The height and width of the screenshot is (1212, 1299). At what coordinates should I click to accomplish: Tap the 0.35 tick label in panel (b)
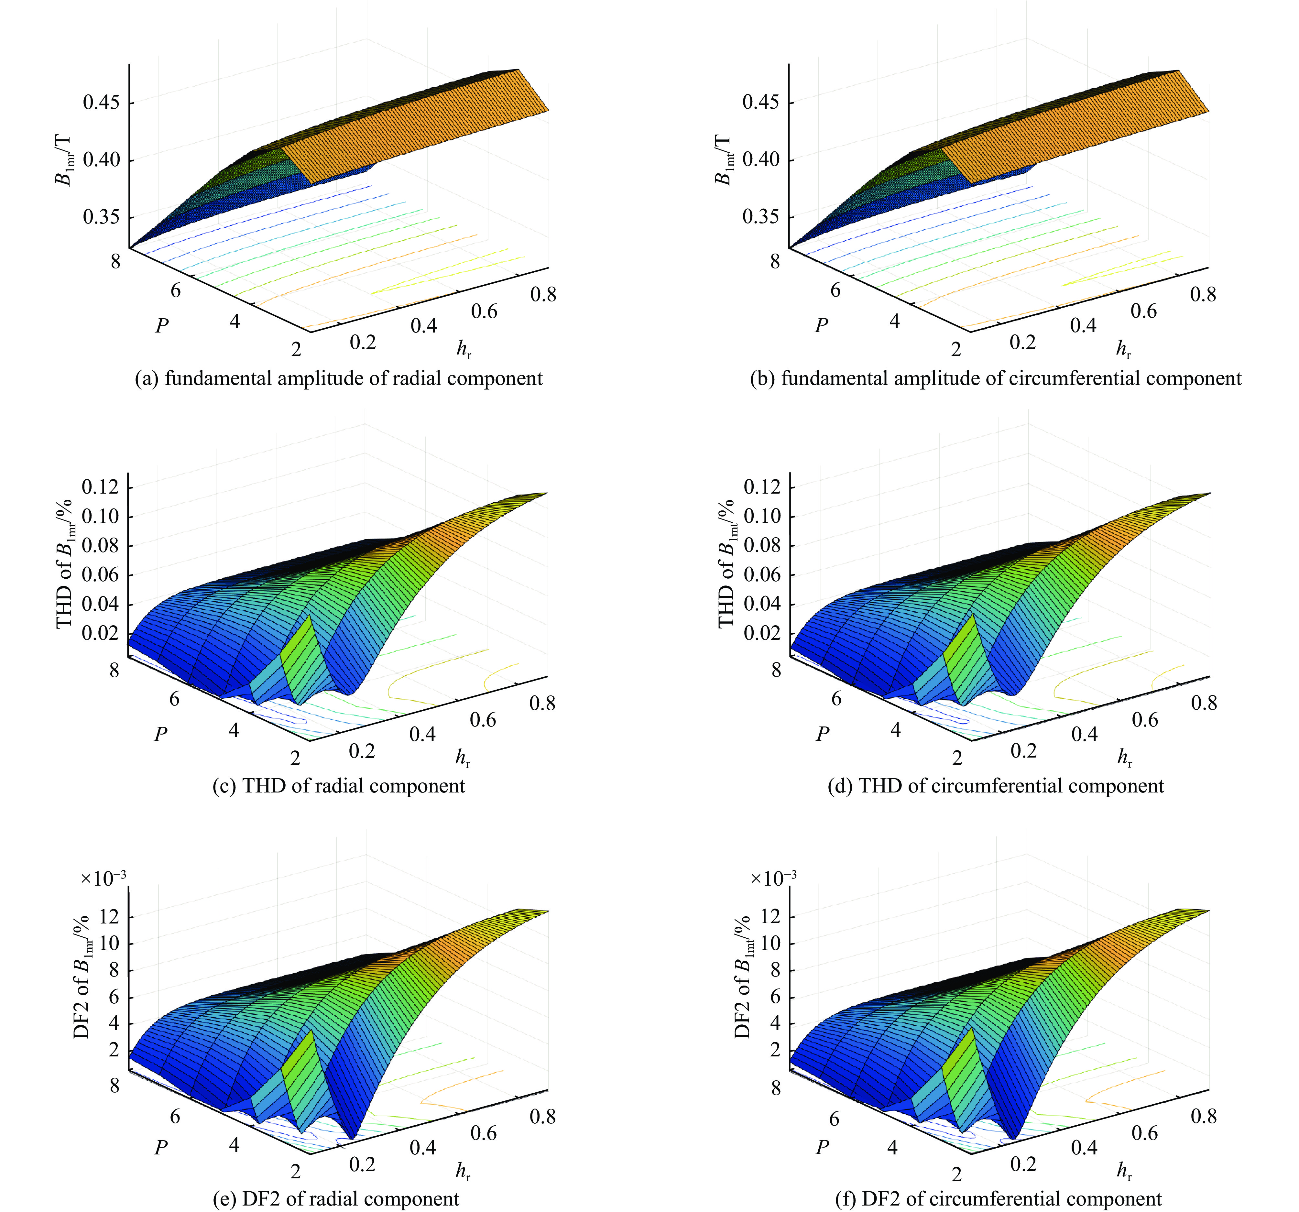[760, 216]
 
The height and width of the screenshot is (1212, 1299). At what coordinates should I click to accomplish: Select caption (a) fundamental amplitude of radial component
[338, 378]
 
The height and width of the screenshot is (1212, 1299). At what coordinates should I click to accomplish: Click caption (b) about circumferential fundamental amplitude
[995, 378]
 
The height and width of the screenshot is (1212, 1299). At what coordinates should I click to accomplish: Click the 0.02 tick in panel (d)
[762, 632]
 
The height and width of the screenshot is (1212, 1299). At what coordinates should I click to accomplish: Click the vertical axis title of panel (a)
[65, 160]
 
